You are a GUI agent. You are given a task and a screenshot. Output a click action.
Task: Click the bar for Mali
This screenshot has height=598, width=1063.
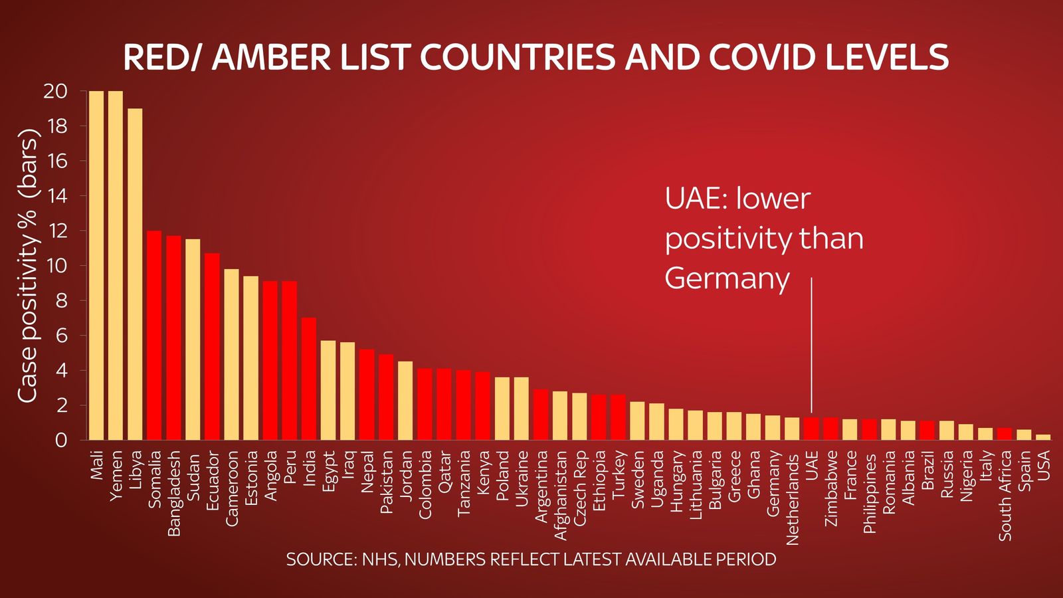(96, 266)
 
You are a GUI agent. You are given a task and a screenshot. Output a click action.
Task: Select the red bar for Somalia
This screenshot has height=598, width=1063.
(154, 336)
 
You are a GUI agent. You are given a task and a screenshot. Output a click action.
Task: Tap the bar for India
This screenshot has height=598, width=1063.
(309, 379)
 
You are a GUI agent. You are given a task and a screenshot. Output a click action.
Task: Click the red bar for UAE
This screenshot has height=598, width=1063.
(811, 429)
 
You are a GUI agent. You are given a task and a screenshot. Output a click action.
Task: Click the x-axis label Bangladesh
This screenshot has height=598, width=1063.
(174, 493)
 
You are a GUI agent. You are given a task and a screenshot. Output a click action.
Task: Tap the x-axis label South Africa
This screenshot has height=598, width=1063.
(1005, 495)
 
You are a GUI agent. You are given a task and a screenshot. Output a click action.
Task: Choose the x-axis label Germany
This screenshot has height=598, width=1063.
(773, 482)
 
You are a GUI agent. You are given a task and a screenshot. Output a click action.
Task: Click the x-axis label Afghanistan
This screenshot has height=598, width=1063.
(560, 495)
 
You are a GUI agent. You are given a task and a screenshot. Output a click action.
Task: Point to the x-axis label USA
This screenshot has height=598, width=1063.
(1043, 465)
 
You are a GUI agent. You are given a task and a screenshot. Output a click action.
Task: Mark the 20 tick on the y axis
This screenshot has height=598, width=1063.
(56, 91)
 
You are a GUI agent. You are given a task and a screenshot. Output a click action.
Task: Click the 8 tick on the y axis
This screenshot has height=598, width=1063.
(61, 300)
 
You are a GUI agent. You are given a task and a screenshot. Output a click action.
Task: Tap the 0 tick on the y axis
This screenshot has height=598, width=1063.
(61, 440)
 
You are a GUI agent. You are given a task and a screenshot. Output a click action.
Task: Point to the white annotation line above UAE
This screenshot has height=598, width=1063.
(811, 346)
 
